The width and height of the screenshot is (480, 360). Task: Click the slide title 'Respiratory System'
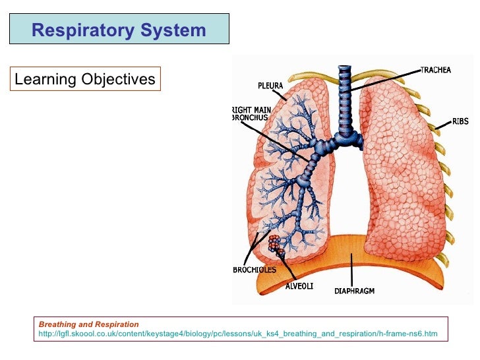pyautogui.click(x=119, y=30)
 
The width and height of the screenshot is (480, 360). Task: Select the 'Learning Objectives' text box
pyautogui.click(x=85, y=80)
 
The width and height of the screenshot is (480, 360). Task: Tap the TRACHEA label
pyautogui.click(x=438, y=69)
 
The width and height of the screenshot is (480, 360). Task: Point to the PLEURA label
pyautogui.click(x=271, y=85)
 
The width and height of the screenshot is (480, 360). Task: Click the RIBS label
pyautogui.click(x=460, y=121)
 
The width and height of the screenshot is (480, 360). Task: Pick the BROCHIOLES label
pyautogui.click(x=255, y=270)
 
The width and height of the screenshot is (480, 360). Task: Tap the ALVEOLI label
pyautogui.click(x=299, y=285)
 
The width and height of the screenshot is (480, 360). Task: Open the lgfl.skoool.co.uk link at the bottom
pyautogui.click(x=238, y=334)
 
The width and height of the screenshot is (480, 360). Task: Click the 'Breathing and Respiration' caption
pyautogui.click(x=89, y=324)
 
